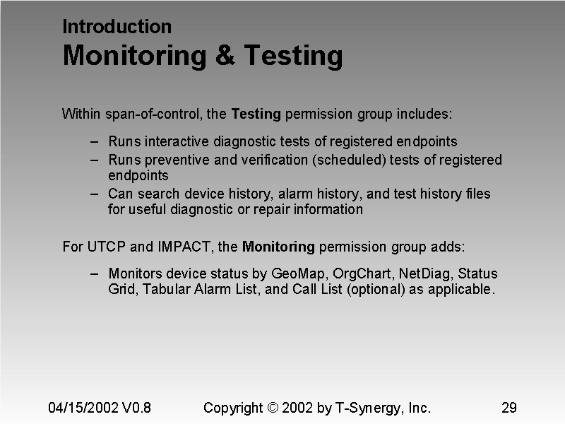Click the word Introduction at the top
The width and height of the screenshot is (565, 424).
pos(117,27)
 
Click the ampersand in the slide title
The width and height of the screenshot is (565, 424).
pos(225,55)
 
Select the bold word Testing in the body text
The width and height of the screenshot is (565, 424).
pos(256,114)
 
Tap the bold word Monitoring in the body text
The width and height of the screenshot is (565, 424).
pos(278,247)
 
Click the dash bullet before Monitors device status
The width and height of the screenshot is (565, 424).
pos(95,273)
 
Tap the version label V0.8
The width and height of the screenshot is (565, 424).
pos(136,408)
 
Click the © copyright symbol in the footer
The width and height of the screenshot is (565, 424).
pos(274,408)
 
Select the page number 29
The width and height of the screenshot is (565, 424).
pos(509,408)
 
